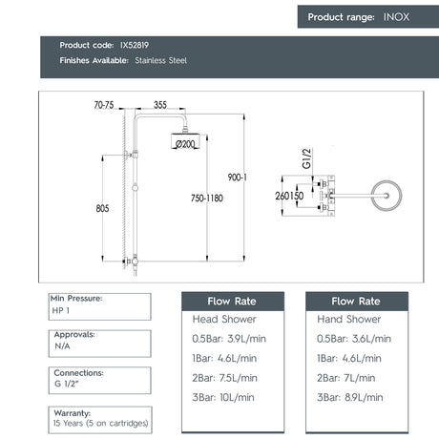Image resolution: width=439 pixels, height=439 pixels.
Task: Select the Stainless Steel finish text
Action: click(162, 60)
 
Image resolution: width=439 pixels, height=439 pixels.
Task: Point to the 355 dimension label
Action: click(160, 105)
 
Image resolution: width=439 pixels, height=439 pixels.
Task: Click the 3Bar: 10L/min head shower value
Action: click(223, 397)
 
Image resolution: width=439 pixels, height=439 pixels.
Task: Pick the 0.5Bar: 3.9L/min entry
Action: click(229, 339)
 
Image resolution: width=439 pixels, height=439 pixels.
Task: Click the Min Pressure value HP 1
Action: click(62, 311)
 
